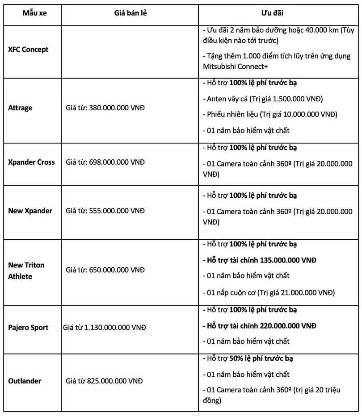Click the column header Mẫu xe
[34, 13]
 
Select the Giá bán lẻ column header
[130, 13]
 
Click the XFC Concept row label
[28, 50]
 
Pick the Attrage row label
[20, 108]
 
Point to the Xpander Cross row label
[31, 162]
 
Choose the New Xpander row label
[30, 211]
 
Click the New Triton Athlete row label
[26, 270]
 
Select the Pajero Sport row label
[28, 327]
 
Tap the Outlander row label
[25, 381]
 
